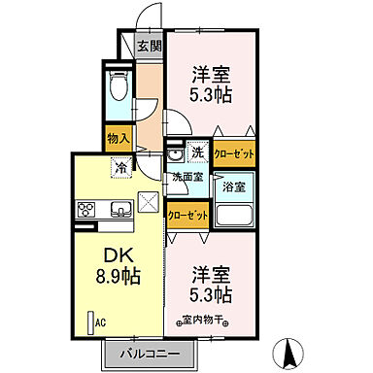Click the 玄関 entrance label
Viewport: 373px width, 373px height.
(x=149, y=46)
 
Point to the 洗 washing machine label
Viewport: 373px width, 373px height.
(x=196, y=153)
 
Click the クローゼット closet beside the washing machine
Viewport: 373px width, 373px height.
(x=235, y=153)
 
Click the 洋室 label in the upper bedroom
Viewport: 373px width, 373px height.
(x=210, y=73)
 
